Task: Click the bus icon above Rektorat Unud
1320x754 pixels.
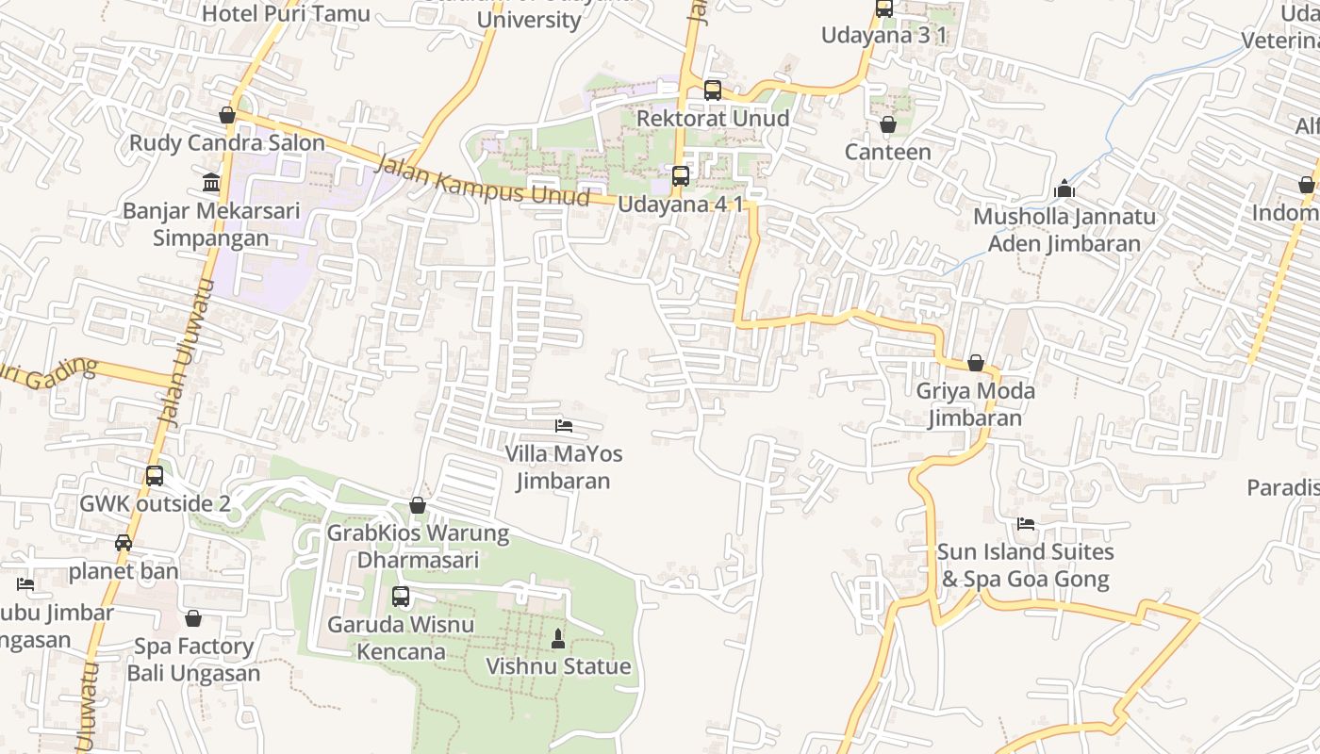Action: [713, 90]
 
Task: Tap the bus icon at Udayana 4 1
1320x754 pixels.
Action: [680, 176]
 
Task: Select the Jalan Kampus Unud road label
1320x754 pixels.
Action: [482, 181]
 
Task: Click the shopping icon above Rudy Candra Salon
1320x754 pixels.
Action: [227, 115]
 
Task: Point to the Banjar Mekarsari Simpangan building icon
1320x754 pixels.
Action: [211, 182]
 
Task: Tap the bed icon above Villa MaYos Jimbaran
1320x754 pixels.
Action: [564, 426]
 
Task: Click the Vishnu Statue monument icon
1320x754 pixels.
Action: [558, 639]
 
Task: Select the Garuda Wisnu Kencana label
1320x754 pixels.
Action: [401, 637]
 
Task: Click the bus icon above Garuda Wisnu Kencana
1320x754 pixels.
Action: [401, 597]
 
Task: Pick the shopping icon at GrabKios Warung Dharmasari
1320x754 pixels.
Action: [418, 506]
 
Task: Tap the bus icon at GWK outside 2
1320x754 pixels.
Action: [155, 476]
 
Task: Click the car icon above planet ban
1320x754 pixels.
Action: [124, 543]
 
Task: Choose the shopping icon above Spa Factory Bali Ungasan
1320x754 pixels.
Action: [193, 619]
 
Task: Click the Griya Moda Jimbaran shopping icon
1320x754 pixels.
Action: [976, 363]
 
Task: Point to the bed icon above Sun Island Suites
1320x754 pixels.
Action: [1026, 524]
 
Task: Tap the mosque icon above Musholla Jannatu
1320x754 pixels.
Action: [1064, 188]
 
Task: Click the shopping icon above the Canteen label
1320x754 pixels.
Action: [887, 124]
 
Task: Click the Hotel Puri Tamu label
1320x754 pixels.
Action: [286, 13]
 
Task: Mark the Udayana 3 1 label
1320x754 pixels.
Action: [883, 36]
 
